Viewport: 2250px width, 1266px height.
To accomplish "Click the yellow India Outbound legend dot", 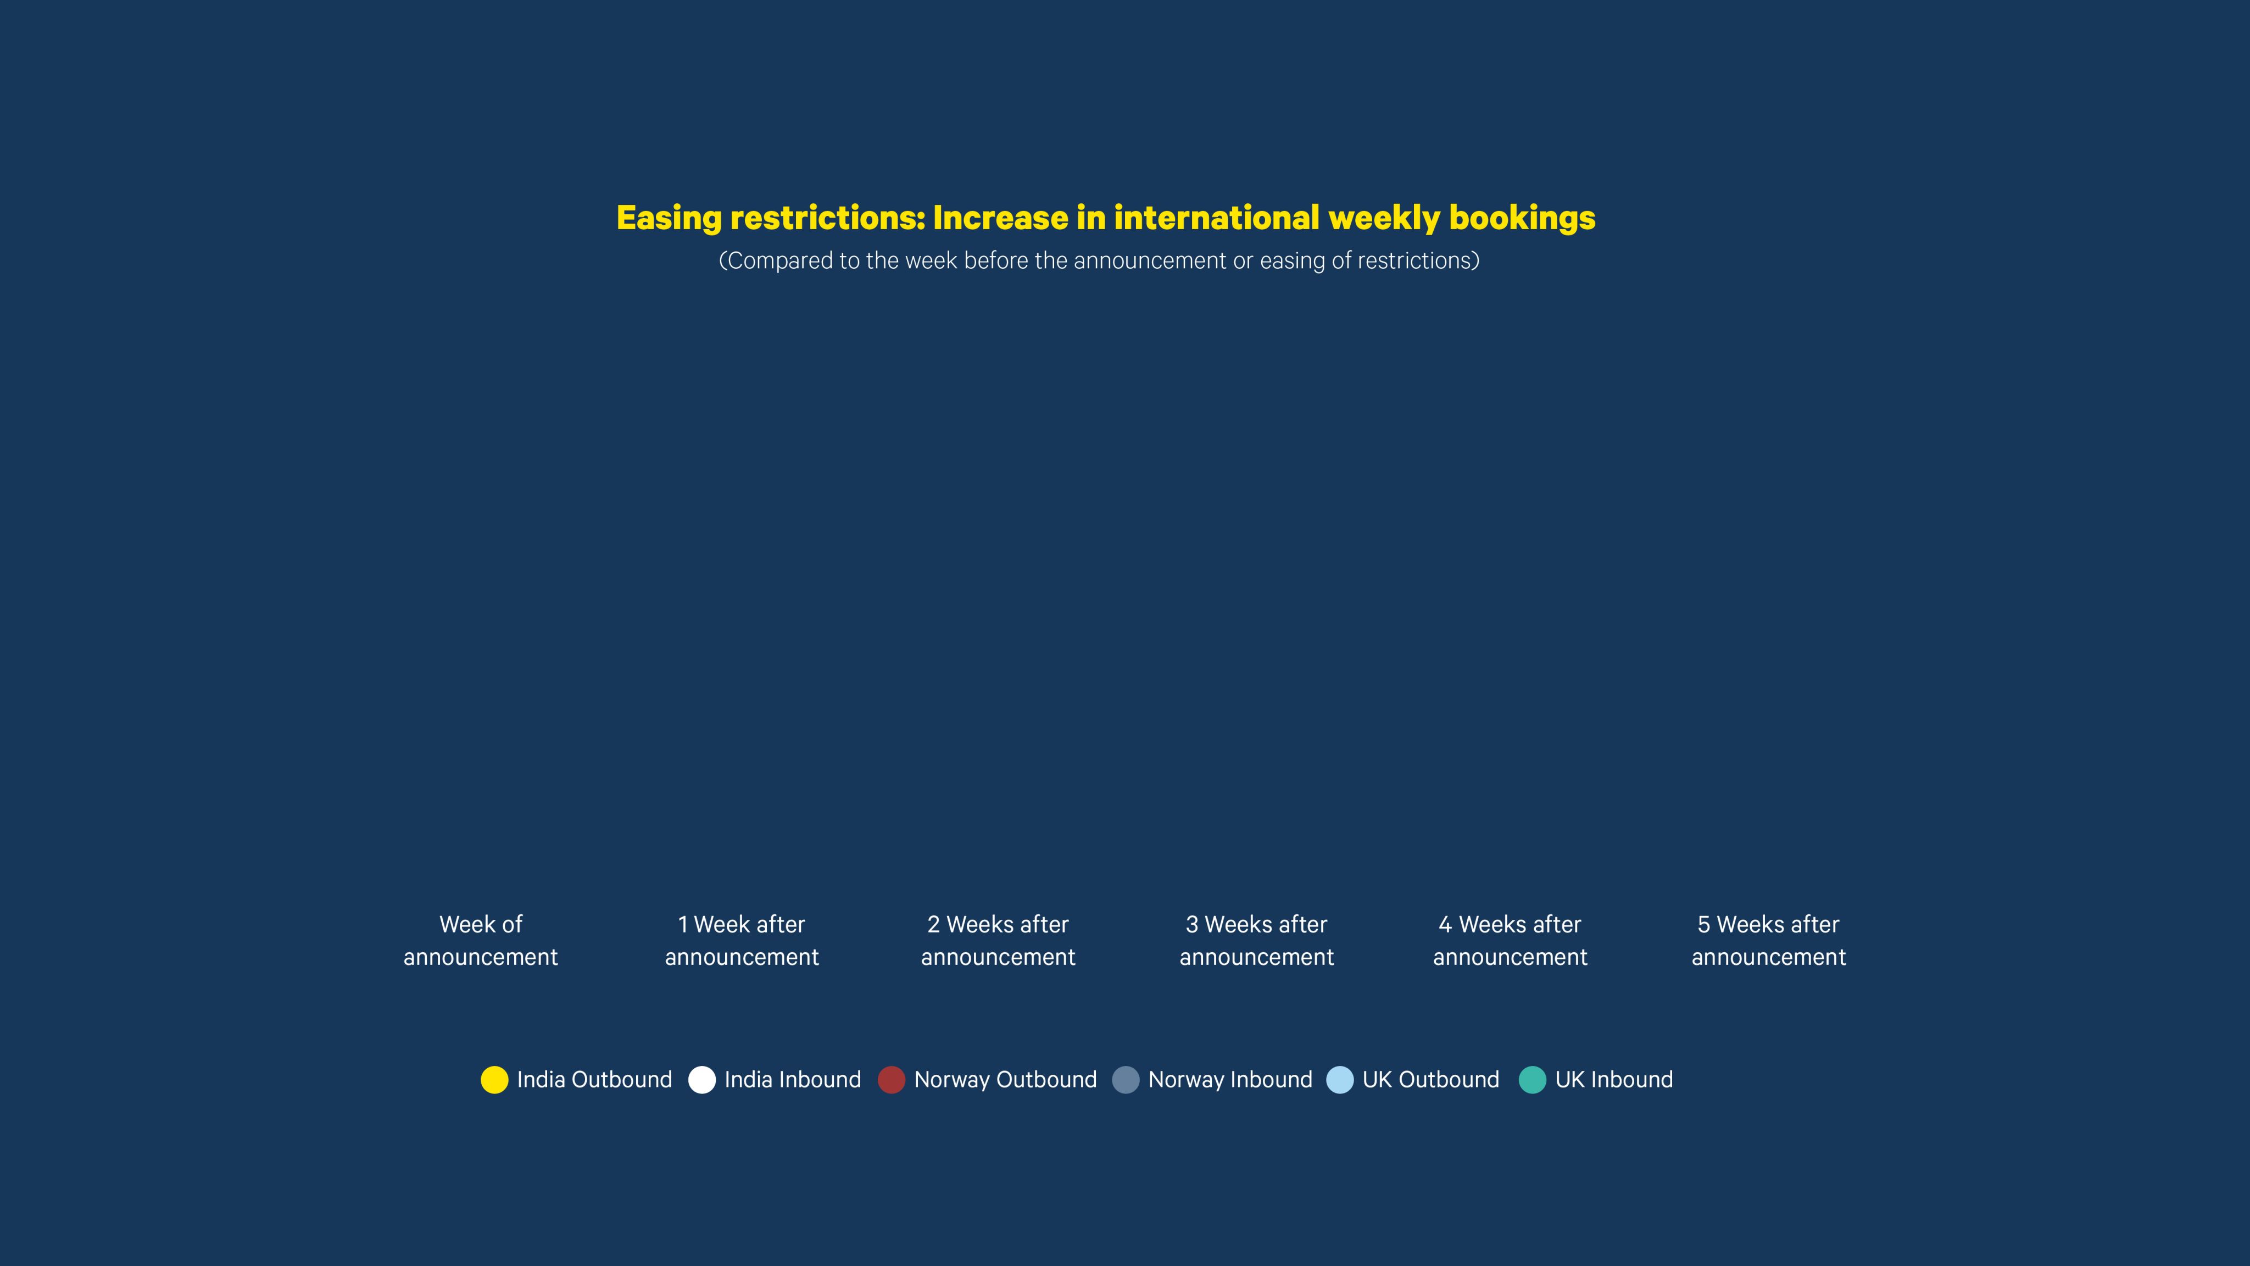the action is (494, 1080).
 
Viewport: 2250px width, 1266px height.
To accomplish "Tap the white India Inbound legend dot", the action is (701, 1080).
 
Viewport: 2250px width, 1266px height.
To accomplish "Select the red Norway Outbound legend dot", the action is (891, 1080).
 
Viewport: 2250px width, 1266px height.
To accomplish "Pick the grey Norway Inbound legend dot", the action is (1126, 1080).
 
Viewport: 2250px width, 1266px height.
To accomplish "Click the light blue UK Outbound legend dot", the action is (1340, 1080).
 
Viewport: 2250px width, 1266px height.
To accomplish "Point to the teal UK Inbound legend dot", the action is (1532, 1080).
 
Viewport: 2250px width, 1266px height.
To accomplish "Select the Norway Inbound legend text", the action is (1230, 1080).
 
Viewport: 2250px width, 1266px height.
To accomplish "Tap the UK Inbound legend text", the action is (1614, 1080).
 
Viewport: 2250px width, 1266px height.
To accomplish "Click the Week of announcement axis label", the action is (481, 940).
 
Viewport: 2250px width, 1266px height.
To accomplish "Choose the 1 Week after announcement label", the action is (742, 940).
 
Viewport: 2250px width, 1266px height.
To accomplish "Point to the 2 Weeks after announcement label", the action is (998, 940).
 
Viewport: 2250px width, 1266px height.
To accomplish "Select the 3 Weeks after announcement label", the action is (1257, 940).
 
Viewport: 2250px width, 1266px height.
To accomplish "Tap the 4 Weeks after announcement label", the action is (1510, 940).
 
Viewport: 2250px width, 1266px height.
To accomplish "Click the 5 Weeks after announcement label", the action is (1769, 940).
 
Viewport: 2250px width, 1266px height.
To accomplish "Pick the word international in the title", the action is (1216, 218).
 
